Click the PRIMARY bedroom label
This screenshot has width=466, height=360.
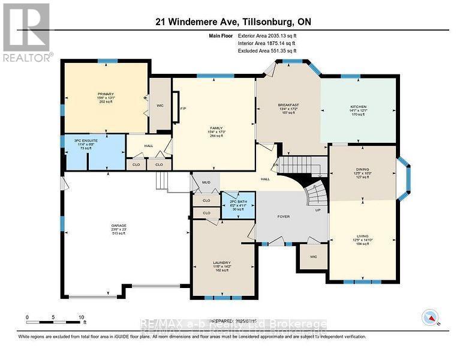pyautogui.click(x=106, y=94)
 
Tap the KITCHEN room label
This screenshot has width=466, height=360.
pyautogui.click(x=357, y=106)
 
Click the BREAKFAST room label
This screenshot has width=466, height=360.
pyautogui.click(x=288, y=105)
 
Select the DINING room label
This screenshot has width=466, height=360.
pyautogui.click(x=362, y=170)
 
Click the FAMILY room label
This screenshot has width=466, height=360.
pyautogui.click(x=216, y=128)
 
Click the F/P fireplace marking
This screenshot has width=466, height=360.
pyautogui.click(x=183, y=109)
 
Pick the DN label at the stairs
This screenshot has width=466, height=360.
pyautogui.click(x=276, y=166)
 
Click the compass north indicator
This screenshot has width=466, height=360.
pyautogui.click(x=431, y=317)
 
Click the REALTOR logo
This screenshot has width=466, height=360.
pyautogui.click(x=26, y=33)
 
